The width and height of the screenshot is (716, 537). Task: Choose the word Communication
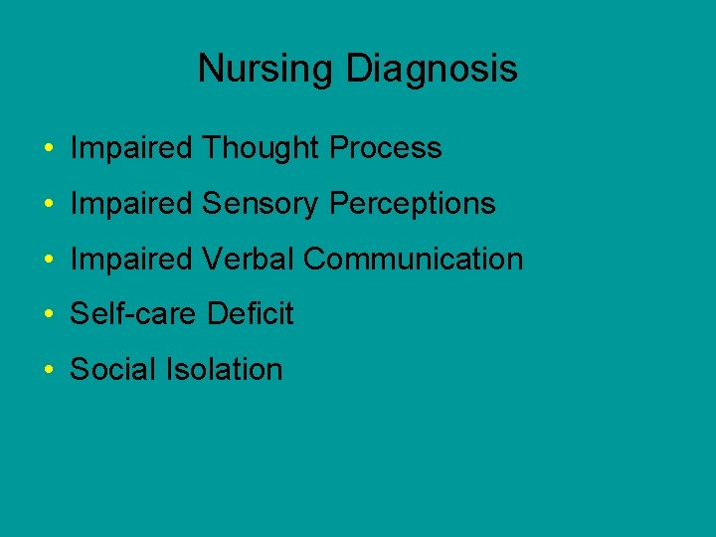(413, 260)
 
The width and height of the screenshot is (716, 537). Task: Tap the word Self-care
(134, 315)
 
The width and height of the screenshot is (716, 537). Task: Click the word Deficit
(250, 315)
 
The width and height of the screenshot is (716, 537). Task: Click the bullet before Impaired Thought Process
(49, 150)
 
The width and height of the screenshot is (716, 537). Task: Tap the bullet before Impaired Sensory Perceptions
(49, 206)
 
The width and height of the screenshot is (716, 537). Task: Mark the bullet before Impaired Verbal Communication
(49, 262)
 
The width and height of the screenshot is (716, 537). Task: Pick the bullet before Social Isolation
(49, 372)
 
